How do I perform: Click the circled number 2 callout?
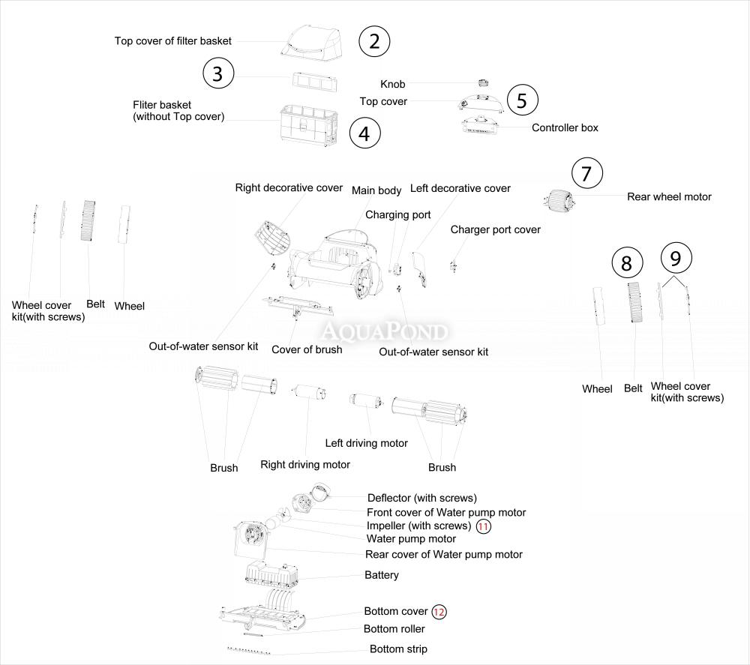[375, 41]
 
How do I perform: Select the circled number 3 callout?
[218, 73]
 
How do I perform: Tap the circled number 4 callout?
[364, 133]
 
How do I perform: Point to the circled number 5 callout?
[522, 100]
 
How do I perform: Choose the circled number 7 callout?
[586, 174]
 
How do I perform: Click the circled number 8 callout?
[627, 262]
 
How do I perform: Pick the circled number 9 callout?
[676, 258]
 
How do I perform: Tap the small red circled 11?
[484, 527]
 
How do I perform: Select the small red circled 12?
[439, 612]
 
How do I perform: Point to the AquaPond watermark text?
[385, 331]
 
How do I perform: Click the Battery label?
[381, 575]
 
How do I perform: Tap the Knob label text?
[392, 85]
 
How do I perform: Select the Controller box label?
[565, 127]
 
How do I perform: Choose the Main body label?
[376, 190]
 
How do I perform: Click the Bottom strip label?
[398, 649]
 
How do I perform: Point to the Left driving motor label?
[366, 443]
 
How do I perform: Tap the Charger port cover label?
[495, 229]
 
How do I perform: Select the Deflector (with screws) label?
[421, 498]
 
